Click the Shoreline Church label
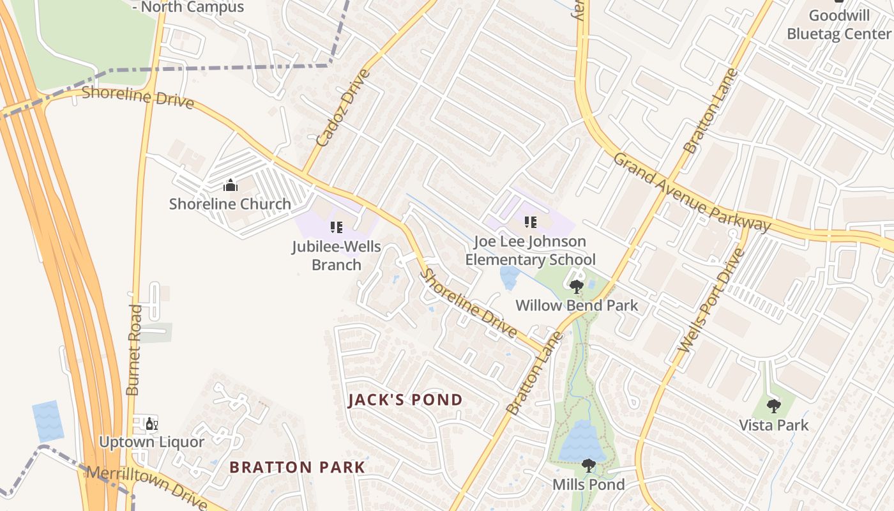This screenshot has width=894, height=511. (x=230, y=204)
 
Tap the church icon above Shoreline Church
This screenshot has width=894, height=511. (x=230, y=186)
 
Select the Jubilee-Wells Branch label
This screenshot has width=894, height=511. (x=336, y=256)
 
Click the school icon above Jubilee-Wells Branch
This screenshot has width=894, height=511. (x=336, y=227)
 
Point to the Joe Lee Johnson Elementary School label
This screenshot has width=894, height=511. (x=530, y=250)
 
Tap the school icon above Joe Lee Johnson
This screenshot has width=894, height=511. (x=530, y=222)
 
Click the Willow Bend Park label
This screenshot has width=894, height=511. (x=577, y=305)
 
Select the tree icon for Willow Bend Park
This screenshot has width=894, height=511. (x=577, y=286)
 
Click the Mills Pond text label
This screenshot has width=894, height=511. (x=589, y=485)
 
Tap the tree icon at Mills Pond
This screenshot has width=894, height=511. (x=589, y=466)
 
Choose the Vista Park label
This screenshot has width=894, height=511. (x=774, y=425)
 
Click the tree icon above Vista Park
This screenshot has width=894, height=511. (x=774, y=406)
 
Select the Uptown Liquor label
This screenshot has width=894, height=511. (x=151, y=442)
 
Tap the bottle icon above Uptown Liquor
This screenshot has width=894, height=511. (x=151, y=423)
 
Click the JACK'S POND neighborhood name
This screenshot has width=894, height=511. (x=405, y=400)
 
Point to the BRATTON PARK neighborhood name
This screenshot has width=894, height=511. (x=298, y=467)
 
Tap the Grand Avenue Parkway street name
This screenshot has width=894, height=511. (x=692, y=192)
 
